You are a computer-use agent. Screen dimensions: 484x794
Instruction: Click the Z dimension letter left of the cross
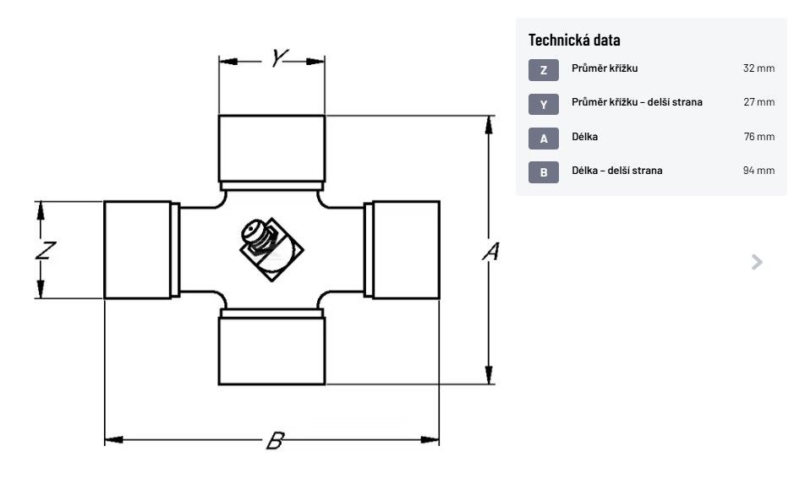[47, 250]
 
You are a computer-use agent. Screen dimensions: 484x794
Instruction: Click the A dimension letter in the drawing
[490, 251]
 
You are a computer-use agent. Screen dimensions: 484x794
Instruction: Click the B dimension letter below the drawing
[274, 440]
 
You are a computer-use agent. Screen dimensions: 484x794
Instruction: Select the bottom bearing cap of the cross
[271, 347]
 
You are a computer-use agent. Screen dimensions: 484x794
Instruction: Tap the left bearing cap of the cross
[137, 250]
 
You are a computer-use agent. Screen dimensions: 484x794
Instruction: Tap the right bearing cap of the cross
[406, 250]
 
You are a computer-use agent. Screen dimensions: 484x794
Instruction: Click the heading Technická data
[574, 40]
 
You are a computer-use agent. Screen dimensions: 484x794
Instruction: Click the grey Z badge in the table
[543, 69]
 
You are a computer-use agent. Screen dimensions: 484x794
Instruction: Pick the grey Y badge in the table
[543, 104]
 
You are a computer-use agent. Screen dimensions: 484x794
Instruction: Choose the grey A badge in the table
[543, 138]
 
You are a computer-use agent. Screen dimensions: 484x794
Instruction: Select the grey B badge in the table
[543, 172]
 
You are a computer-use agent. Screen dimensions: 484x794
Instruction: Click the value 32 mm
[758, 68]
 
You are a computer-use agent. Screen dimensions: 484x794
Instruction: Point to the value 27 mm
[758, 102]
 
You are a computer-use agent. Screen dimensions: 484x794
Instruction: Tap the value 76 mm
[758, 137]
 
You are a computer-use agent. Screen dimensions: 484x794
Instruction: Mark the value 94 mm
[758, 171]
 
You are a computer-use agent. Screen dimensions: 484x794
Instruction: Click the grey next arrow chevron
[757, 262]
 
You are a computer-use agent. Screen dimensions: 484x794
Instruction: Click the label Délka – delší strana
[617, 171]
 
